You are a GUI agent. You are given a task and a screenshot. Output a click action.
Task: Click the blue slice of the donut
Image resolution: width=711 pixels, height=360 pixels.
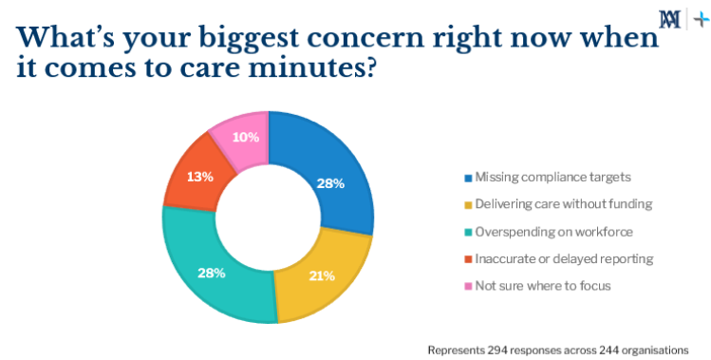327,171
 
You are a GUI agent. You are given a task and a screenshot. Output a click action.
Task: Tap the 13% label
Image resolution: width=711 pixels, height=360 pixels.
200,177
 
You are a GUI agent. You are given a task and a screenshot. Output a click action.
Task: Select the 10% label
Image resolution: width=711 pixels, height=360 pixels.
245,137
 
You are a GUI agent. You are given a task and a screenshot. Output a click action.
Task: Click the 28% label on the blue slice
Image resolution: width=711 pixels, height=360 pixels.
329,183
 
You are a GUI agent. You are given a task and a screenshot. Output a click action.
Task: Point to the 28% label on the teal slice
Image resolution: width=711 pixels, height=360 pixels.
211,273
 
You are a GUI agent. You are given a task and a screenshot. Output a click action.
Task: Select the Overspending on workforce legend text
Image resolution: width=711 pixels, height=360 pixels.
541,231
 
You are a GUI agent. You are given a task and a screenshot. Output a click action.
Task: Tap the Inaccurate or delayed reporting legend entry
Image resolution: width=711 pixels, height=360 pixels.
551,258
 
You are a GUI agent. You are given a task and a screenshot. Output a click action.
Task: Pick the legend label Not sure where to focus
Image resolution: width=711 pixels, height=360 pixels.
530,285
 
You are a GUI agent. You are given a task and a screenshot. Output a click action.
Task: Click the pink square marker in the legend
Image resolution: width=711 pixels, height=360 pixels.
467,286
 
